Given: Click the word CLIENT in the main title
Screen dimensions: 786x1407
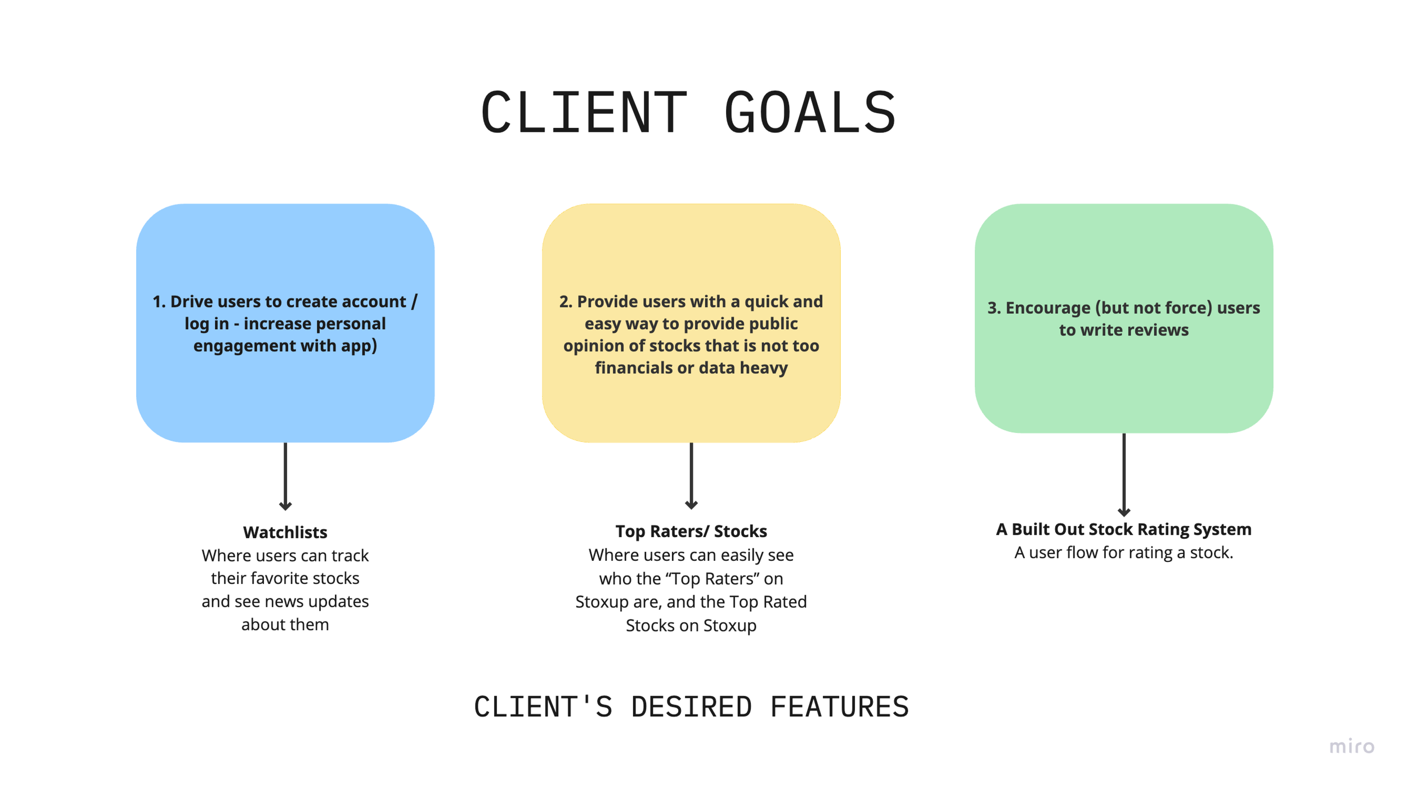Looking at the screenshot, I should tap(583, 113).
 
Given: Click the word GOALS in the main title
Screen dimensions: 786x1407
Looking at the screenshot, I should tap(810, 113).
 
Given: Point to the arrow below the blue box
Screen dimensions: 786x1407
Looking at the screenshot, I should tap(285, 476).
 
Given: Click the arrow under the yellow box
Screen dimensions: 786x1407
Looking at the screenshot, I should tap(691, 476).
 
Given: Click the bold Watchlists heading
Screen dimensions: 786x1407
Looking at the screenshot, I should tap(285, 532).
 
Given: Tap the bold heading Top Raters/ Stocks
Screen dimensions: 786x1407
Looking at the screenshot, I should tap(691, 531).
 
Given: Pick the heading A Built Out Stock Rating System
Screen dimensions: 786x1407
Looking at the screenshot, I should tap(1123, 529).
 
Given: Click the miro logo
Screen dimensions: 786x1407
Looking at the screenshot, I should tap(1351, 747).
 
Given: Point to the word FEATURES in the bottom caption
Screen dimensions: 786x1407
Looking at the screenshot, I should tap(839, 707).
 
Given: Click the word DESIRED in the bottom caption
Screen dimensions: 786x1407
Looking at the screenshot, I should tap(691, 707).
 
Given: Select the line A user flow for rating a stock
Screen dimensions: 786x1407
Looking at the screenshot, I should tap(1123, 552).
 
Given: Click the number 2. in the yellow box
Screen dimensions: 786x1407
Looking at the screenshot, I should tap(566, 302).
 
